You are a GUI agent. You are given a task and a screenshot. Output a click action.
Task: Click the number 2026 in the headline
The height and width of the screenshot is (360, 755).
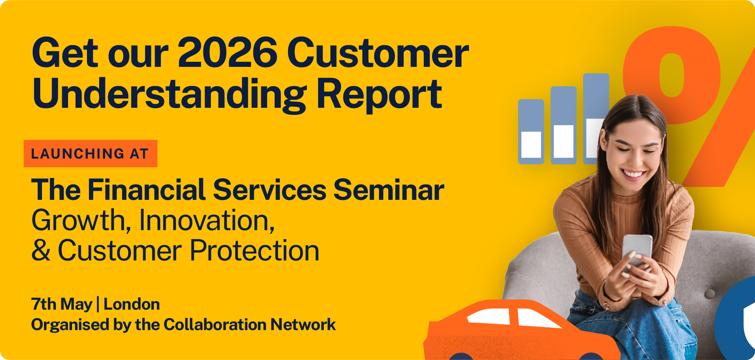click(228, 52)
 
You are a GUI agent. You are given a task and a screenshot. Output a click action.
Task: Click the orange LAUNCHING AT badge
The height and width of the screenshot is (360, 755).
click(90, 153)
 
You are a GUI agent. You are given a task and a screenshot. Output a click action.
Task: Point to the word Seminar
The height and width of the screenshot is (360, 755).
click(389, 190)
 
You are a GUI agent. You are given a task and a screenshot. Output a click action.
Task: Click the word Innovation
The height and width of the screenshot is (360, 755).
click(207, 220)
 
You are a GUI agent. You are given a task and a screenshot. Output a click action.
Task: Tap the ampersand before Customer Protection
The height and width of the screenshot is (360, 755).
click(41, 251)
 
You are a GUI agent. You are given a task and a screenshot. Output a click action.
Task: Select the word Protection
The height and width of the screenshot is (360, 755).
click(255, 251)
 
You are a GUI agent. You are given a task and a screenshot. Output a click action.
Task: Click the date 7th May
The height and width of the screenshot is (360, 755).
click(62, 305)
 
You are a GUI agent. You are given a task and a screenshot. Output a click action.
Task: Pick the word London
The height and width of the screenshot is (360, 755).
click(132, 304)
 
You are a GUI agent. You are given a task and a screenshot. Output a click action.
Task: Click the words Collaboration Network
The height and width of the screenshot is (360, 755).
click(249, 325)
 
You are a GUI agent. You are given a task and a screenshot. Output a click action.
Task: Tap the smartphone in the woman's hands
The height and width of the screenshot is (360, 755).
click(637, 249)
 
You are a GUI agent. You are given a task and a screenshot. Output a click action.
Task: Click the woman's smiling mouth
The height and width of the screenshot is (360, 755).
click(633, 174)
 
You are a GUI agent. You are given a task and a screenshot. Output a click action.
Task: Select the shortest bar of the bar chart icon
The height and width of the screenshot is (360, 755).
click(531, 131)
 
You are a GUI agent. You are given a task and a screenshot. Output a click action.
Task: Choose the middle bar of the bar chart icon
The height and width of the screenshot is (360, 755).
click(563, 125)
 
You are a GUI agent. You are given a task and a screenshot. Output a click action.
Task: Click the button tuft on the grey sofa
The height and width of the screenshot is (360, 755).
click(710, 293)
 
